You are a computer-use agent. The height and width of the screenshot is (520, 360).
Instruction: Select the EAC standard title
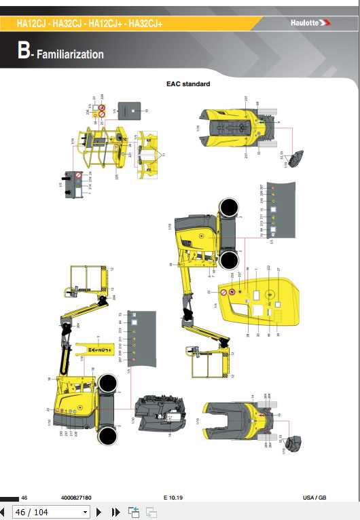click(188, 84)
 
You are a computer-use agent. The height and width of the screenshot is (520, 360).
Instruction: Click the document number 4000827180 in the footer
click(75, 498)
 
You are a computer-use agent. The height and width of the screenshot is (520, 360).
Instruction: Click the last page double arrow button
click(115, 512)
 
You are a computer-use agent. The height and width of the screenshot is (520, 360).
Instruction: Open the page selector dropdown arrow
click(85, 512)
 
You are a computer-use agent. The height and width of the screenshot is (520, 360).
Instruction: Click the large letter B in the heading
click(24, 52)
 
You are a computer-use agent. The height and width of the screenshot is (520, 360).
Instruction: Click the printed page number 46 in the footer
click(24, 498)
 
